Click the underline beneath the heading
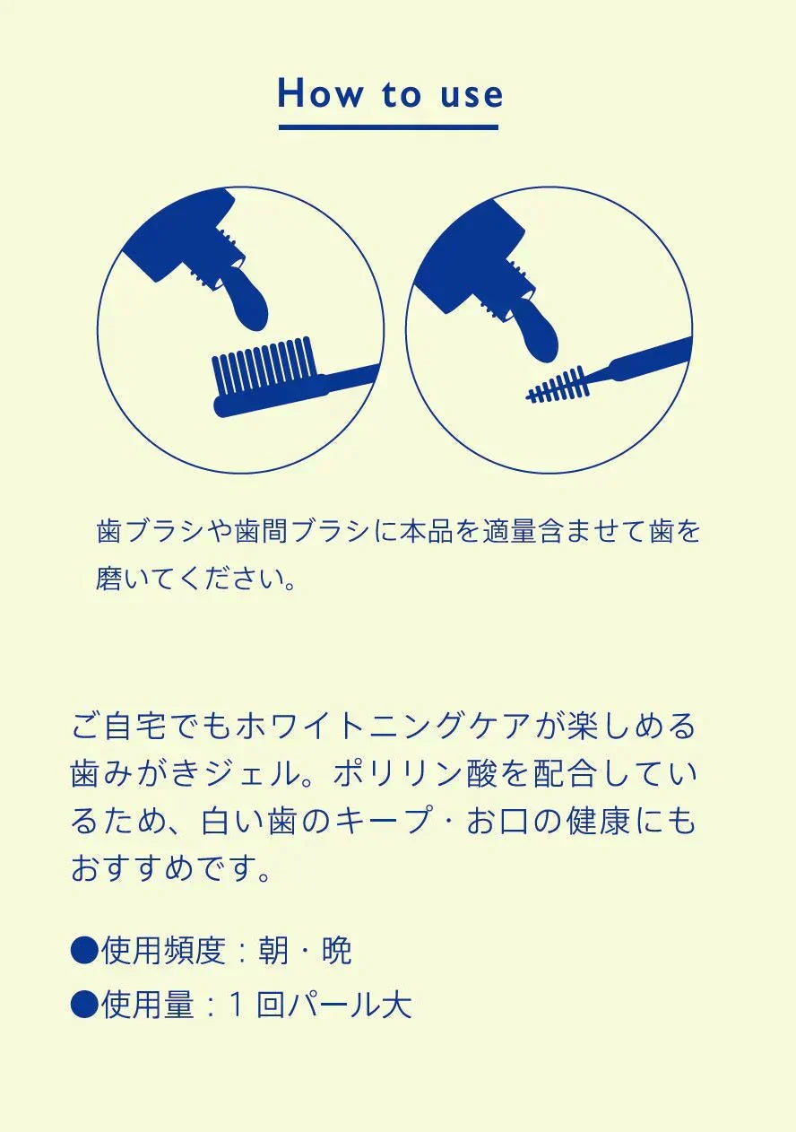click(388, 127)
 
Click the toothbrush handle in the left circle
click(345, 383)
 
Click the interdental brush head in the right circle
click(559, 385)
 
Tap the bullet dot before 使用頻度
click(83, 951)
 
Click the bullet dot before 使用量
click(83, 1005)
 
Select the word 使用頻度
click(162, 951)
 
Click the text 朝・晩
click(305, 951)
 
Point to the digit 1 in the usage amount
click(237, 1005)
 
